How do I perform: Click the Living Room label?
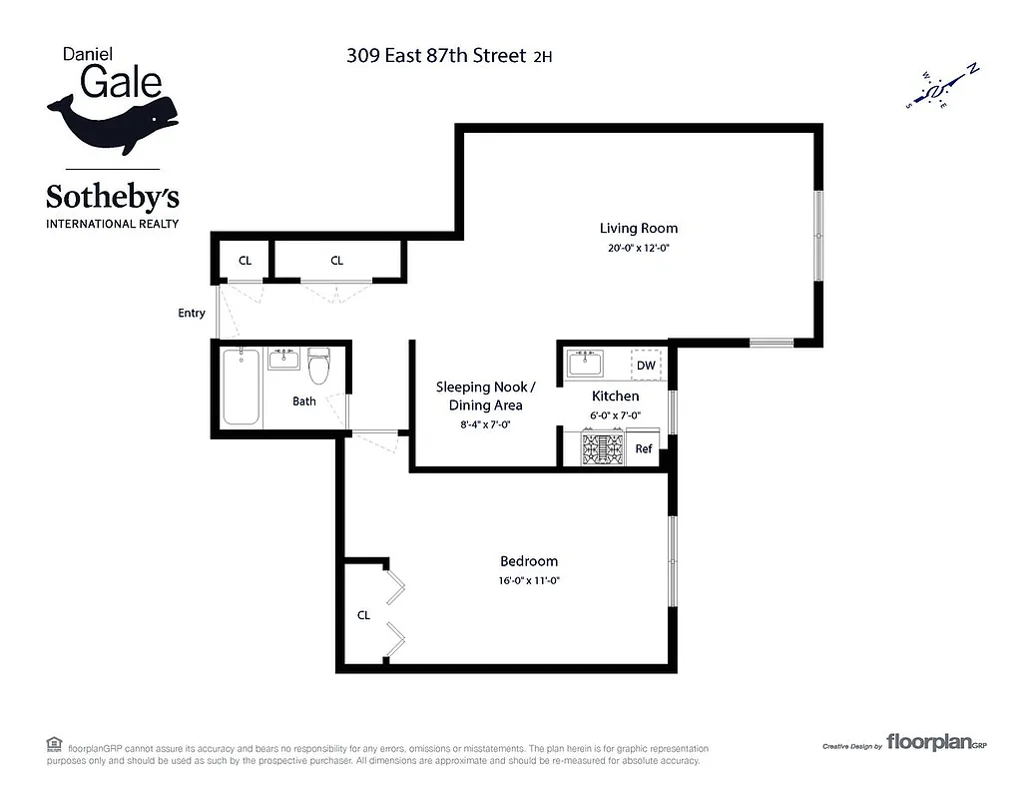coord(638,229)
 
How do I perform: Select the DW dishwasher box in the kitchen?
coord(646,366)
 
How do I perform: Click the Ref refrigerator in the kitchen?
coord(644,449)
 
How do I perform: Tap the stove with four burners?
coord(603,448)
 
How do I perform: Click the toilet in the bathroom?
coord(319,368)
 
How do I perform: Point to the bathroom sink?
coord(284,359)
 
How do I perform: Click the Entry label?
coord(192,314)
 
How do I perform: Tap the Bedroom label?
coord(528,561)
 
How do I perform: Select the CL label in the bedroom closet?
coord(363,615)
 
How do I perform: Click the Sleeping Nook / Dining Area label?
coord(485,396)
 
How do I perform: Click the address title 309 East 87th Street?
coord(436,56)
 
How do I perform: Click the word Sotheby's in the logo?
coord(113,196)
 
